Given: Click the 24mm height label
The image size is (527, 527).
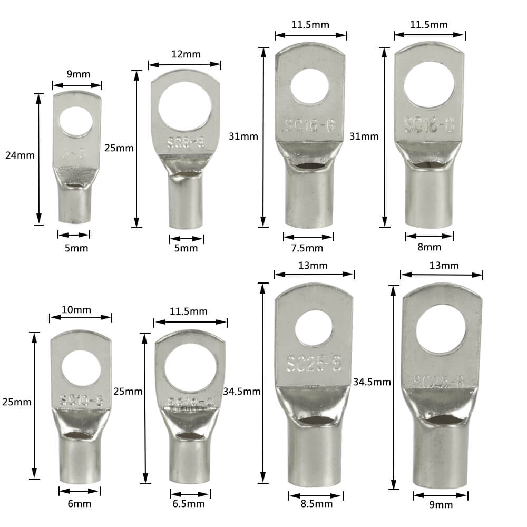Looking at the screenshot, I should click(x=19, y=155).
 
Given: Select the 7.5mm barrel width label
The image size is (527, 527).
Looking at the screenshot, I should click(x=308, y=248).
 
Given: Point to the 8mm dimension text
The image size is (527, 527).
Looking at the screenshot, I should click(x=429, y=247).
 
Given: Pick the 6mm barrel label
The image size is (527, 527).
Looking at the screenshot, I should click(x=79, y=503).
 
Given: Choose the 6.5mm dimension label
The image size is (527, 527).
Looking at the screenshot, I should click(x=189, y=503).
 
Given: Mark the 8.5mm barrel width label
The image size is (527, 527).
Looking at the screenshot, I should click(x=316, y=504).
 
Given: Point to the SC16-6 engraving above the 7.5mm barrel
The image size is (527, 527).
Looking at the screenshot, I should click(x=308, y=126).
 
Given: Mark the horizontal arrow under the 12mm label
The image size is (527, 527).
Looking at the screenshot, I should click(x=184, y=65).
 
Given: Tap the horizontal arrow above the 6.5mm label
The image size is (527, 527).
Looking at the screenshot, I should click(x=190, y=494).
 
